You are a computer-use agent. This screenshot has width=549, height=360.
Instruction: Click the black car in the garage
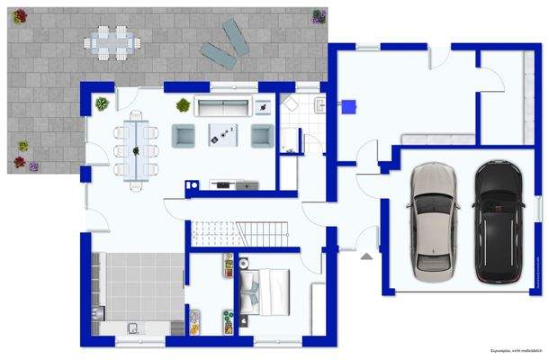[x=497, y=221]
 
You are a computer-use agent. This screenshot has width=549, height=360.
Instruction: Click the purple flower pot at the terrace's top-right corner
[x=319, y=15]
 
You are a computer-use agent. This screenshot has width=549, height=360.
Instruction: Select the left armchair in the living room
[x=184, y=135]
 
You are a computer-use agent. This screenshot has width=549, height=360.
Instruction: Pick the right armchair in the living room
[x=261, y=135]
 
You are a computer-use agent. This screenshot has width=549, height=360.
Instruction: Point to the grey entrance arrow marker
[x=366, y=256]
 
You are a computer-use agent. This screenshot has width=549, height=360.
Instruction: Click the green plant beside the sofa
[x=184, y=104]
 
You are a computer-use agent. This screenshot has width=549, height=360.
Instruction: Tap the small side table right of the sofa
[x=262, y=106]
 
